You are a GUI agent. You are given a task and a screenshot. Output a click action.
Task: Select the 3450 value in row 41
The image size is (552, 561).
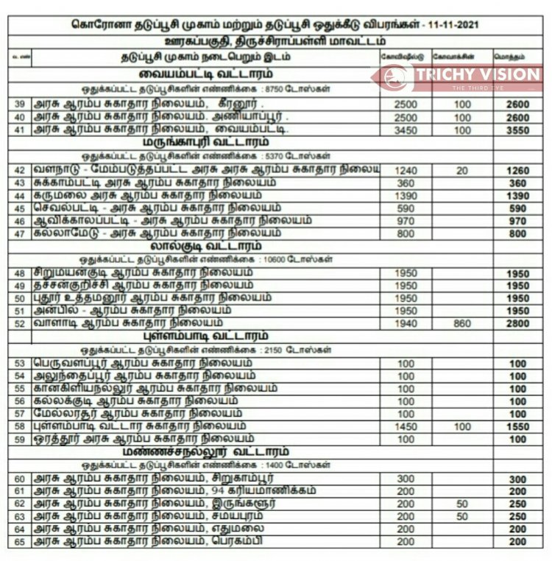tap(406, 130)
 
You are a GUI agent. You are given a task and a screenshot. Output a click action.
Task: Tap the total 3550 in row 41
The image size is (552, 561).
tap(517, 130)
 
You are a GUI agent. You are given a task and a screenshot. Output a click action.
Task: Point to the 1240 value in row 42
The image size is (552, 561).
tap(406, 170)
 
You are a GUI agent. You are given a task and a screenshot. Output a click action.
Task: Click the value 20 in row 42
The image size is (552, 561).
tap(461, 170)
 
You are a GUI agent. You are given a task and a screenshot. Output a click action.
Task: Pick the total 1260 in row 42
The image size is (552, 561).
tap(517, 170)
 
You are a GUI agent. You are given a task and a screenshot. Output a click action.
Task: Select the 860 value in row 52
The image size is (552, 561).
tap(461, 322)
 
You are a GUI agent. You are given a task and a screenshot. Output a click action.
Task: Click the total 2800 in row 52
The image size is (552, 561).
tap(517, 322)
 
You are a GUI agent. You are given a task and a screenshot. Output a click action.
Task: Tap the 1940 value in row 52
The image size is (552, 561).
tap(406, 322)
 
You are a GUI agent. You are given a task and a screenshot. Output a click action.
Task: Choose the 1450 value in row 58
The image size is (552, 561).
tap(406, 426)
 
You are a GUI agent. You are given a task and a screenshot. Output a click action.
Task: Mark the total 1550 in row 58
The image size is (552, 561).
tap(517, 426)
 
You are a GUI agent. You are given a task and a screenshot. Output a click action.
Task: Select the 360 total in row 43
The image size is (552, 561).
tap(517, 183)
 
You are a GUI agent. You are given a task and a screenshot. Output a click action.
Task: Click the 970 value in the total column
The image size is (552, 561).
tap(517, 221)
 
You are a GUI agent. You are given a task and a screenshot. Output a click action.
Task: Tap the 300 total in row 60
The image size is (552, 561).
tap(517, 479)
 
